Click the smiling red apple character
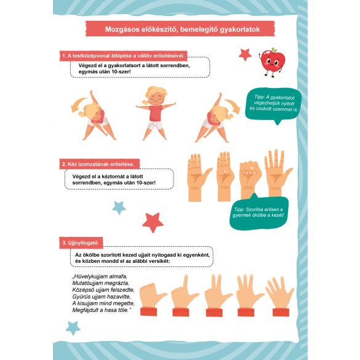[x=272, y=62]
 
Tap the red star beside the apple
[x=245, y=55]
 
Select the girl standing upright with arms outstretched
[x=156, y=113]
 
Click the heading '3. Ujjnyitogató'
[x=80, y=242]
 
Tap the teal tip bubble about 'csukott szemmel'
[x=274, y=105]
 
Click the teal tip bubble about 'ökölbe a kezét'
[x=258, y=212]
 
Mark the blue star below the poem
[x=73, y=328]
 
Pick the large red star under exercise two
[x=153, y=222]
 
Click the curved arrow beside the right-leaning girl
[x=233, y=105]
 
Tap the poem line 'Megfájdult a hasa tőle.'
[x=102, y=310]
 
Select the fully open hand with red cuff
[x=280, y=296]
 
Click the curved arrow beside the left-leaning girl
[x=78, y=105]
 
